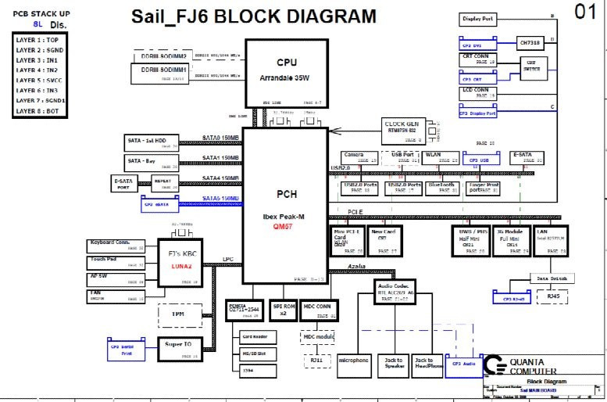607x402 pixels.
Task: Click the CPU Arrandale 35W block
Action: tap(286, 71)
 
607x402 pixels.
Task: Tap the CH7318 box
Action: tap(531, 44)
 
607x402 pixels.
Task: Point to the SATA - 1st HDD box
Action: tap(152, 142)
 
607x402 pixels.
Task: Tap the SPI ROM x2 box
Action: tap(284, 309)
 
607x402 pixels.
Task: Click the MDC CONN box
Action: tap(319, 309)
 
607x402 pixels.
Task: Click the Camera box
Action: tap(357, 157)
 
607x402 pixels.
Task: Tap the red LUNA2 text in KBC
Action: tap(180, 267)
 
